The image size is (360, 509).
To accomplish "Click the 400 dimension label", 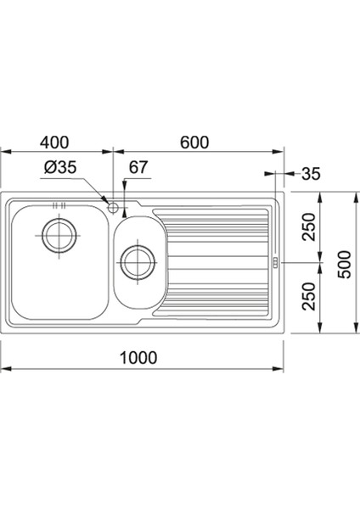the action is click(54, 143).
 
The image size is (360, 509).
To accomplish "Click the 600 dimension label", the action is click(194, 143).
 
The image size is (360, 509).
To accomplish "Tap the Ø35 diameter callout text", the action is click(60, 167).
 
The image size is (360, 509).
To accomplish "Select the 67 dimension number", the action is click(138, 167).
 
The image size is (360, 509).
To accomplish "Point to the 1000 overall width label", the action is click(138, 357).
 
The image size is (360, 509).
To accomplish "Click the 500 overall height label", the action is click(345, 264).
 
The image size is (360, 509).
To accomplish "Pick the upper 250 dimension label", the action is click(309, 227).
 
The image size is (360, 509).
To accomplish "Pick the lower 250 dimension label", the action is click(309, 296).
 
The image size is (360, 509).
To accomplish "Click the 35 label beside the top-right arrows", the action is click(311, 174).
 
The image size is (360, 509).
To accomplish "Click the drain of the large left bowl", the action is click(60, 235).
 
